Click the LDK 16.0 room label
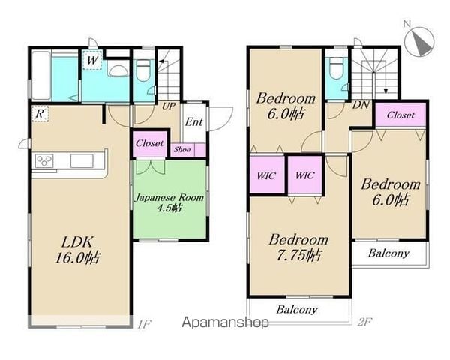click(77, 250)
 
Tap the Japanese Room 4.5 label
click(169, 202)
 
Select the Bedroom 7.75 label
click(298, 247)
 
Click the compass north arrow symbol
click(419, 42)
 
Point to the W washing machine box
click(92, 60)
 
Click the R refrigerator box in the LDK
click(40, 114)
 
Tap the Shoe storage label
click(182, 149)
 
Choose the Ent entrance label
click(194, 122)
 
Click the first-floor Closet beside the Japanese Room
click(149, 143)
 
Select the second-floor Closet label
click(400, 115)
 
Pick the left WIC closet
click(266, 175)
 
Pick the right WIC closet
click(305, 175)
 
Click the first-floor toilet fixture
click(143, 70)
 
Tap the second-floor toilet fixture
click(337, 68)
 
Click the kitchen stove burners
click(44, 160)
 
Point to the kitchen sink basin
click(82, 160)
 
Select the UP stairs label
click(169, 106)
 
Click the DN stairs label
click(361, 105)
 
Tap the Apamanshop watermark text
click(225, 322)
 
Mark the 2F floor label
click(364, 322)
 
